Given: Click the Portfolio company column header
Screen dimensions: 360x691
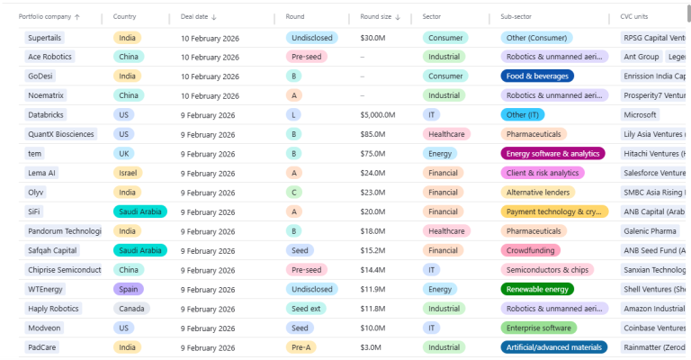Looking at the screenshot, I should (x=45, y=17).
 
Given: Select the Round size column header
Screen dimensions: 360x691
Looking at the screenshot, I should (x=377, y=17).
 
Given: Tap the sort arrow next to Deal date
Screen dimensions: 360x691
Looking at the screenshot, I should (x=214, y=17).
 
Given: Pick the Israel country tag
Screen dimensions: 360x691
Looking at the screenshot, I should (x=127, y=173).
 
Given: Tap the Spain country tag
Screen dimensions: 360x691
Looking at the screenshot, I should (x=129, y=289).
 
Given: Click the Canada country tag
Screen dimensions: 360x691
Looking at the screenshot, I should (x=130, y=309).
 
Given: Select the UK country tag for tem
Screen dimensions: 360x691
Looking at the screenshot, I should (x=123, y=154).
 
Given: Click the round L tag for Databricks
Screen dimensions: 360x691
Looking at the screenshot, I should (x=293, y=115).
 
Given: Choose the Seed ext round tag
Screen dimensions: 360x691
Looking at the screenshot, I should (x=306, y=309).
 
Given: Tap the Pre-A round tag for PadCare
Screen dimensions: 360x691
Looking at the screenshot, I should (x=301, y=347).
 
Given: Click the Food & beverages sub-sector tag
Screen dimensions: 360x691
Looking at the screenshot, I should (x=537, y=76).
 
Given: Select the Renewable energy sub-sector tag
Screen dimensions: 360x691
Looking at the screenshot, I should (x=537, y=289).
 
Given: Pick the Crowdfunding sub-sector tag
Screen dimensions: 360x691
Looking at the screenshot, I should (x=531, y=250).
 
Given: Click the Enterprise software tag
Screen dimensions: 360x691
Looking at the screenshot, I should (x=538, y=328).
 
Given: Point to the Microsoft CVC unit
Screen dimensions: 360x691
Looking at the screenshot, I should (x=640, y=115).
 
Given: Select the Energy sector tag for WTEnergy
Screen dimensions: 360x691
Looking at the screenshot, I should (x=440, y=289).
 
